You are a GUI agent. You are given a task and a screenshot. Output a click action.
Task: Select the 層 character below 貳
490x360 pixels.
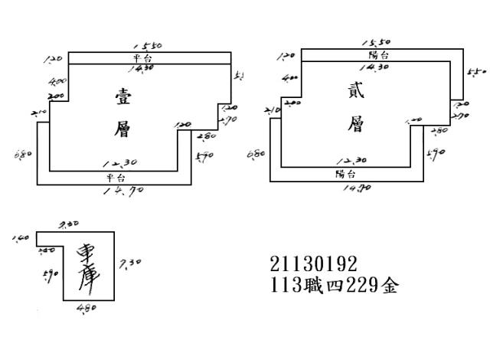354,125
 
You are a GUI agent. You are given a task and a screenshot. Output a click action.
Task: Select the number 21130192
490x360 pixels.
313,264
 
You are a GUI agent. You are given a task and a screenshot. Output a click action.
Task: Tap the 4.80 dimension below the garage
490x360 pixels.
88,308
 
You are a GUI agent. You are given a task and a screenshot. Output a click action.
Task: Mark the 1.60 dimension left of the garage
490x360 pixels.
21,239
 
